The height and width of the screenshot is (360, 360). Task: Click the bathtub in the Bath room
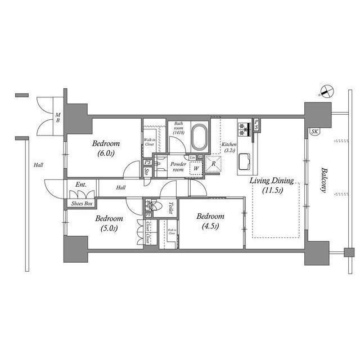pyautogui.click(x=199, y=137)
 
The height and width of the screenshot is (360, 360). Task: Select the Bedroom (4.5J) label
pyautogui.click(x=211, y=221)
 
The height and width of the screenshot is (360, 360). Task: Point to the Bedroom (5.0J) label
pyautogui.click(x=109, y=223)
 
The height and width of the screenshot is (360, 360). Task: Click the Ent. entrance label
pyautogui.click(x=81, y=184)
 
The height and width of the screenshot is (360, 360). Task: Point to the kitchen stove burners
pyautogui.click(x=244, y=129)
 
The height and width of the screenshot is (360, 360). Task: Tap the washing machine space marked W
pyautogui.click(x=196, y=168)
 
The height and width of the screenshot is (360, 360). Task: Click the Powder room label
pyautogui.click(x=178, y=166)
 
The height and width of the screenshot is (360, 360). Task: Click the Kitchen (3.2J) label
pyautogui.click(x=229, y=147)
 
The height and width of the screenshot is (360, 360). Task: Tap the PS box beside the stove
pyautogui.click(x=256, y=125)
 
